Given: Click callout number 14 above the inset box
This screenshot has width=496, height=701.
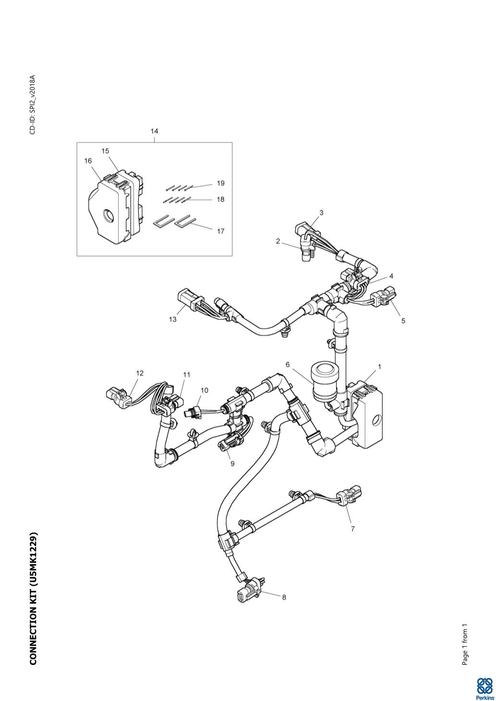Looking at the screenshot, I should (154, 131).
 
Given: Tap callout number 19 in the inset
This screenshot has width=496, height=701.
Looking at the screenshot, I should (220, 183).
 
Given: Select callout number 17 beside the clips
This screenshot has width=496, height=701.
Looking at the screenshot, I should (220, 231).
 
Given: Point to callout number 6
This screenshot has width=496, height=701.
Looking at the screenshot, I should (288, 365).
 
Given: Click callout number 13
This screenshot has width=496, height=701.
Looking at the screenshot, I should (172, 320).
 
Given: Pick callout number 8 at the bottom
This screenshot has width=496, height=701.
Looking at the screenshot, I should (284, 597).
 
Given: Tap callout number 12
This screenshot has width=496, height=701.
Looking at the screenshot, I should (140, 373).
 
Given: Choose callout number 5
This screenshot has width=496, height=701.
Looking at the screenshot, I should (403, 321).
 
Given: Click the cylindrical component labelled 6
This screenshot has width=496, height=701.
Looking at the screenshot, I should (323, 382).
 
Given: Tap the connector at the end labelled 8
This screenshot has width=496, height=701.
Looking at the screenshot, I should (246, 591).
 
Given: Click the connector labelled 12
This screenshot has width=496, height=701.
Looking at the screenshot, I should (116, 396).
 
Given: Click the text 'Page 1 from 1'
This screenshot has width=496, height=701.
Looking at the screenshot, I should (465, 644).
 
